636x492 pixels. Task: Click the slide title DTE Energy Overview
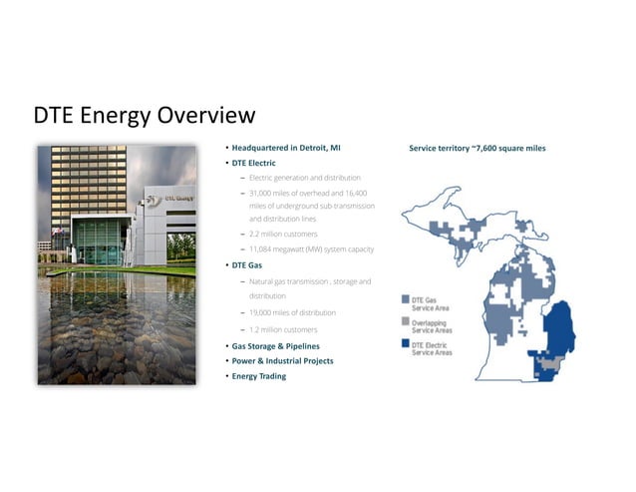(x=145, y=116)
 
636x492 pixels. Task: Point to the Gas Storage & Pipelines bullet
(x=275, y=345)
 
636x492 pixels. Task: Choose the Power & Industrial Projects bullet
(x=282, y=360)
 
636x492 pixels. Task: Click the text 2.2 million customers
(x=283, y=234)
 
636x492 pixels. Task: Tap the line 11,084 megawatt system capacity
(x=311, y=248)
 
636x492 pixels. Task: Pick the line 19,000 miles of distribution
(x=292, y=312)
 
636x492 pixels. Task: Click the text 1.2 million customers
(x=283, y=329)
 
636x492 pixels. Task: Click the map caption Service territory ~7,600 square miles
(x=477, y=149)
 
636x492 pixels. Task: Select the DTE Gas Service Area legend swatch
(x=406, y=299)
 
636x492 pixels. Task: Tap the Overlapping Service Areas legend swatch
(x=406, y=322)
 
